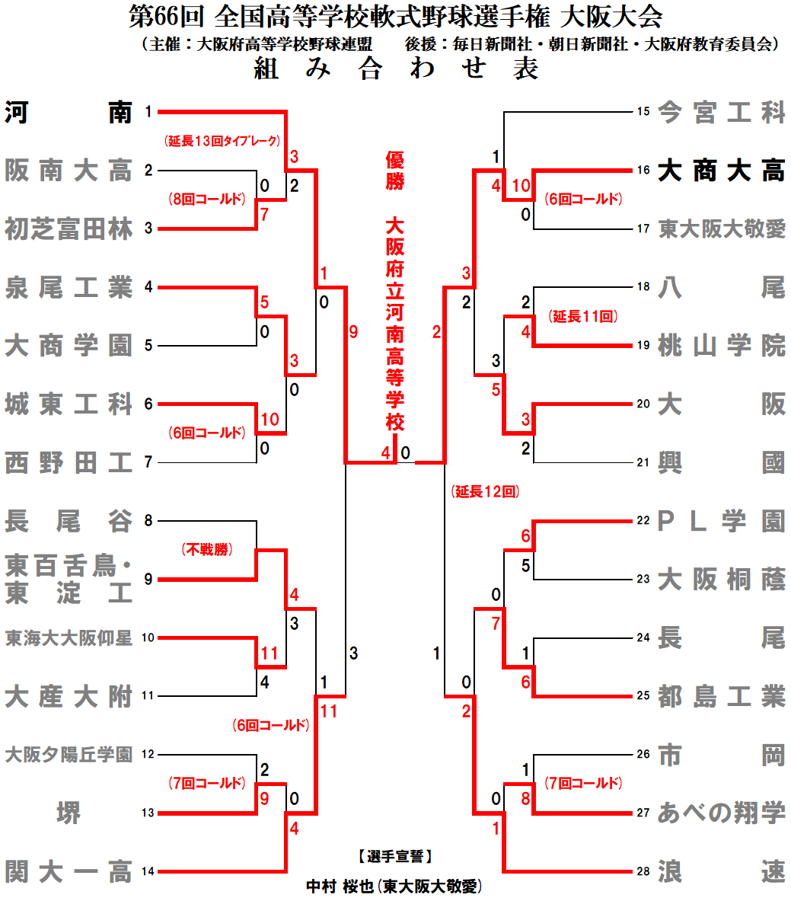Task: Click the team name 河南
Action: click(x=69, y=113)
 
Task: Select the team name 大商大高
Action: click(x=720, y=171)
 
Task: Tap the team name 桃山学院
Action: click(x=720, y=346)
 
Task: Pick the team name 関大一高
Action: click(x=69, y=871)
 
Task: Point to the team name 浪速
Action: click(x=720, y=871)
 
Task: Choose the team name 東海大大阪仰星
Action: click(x=69, y=638)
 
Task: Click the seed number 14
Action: click(x=148, y=871)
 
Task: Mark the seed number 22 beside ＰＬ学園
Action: click(x=643, y=521)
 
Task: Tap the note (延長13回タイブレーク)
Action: click(x=222, y=141)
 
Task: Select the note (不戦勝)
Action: click(x=207, y=550)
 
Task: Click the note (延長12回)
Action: click(x=485, y=492)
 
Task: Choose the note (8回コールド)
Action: click(x=207, y=200)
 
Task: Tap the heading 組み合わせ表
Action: click(x=396, y=69)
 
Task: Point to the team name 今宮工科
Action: click(x=720, y=113)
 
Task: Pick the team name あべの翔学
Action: click(x=720, y=813)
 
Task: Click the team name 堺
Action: click(x=69, y=813)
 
